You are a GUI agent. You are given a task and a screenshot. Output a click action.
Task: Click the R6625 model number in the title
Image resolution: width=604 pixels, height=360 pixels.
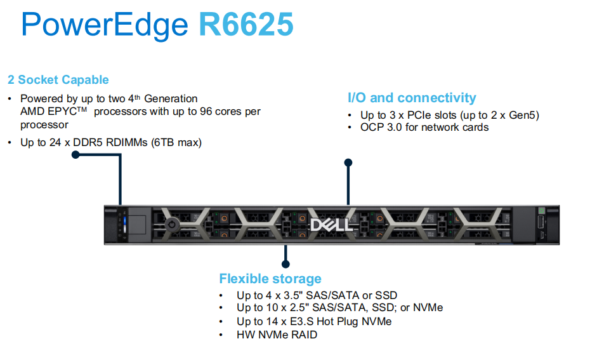point(246,25)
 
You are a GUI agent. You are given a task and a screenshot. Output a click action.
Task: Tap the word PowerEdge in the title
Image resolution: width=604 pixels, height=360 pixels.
point(105,25)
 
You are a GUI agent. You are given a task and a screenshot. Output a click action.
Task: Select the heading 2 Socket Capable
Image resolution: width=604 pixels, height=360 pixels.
point(58,80)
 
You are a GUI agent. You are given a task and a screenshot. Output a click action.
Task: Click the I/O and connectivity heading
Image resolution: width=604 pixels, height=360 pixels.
point(412,98)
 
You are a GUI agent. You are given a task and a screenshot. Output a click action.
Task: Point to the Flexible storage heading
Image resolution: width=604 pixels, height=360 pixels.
point(270,279)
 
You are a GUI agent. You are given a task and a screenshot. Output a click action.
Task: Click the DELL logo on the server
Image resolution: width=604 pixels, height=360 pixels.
point(327,225)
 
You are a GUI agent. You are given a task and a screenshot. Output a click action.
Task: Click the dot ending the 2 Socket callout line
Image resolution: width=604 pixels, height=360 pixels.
point(75,154)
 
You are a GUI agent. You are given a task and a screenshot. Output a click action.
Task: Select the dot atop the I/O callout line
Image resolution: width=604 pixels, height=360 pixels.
point(348,163)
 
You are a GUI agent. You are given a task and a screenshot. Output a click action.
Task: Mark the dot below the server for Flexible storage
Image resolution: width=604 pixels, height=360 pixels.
point(286,263)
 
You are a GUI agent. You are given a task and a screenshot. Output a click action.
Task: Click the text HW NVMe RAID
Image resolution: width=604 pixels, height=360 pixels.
point(277,335)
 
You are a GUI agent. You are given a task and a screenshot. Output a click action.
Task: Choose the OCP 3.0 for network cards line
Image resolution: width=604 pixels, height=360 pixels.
point(424,127)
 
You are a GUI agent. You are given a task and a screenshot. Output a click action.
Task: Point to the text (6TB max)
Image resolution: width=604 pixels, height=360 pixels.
point(176,142)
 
